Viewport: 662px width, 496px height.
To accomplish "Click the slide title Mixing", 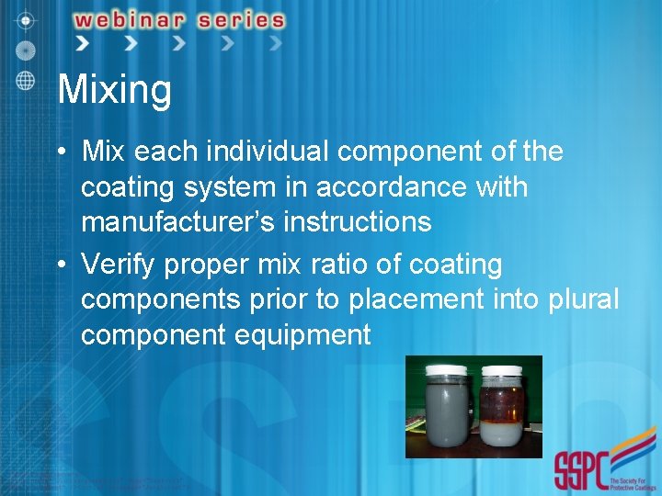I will coord(114,91).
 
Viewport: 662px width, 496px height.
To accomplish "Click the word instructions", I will coord(363,222).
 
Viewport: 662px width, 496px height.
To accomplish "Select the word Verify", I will coord(120,265).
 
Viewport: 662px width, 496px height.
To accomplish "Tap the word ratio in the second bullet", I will coord(354,265).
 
